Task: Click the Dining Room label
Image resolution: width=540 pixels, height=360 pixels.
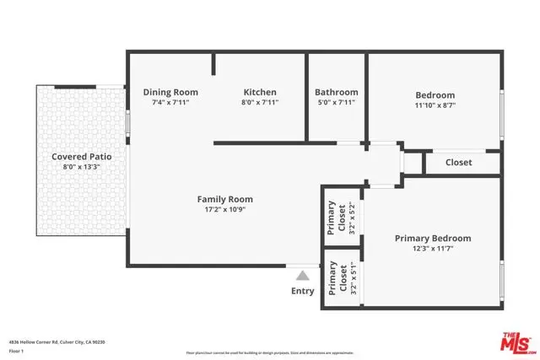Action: pos(170,93)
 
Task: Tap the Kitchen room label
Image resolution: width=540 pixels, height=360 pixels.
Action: pos(260,93)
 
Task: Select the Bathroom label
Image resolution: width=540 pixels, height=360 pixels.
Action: pos(336,93)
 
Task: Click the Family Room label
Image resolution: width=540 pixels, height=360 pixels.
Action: pos(225,200)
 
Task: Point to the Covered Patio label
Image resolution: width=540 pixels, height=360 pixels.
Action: pos(82,157)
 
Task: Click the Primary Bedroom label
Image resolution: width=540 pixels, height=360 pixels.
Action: pos(433,239)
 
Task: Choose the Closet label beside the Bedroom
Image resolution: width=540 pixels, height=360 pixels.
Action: pos(458,163)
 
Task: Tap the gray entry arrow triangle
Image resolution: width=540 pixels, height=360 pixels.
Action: pos(303,274)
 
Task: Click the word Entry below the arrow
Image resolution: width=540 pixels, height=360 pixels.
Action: pos(303,292)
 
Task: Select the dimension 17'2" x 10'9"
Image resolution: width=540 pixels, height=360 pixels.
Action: pos(225,210)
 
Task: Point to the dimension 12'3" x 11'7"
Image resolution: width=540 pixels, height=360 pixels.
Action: pos(433,250)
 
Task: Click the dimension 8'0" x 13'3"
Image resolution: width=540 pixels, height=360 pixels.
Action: pos(82,167)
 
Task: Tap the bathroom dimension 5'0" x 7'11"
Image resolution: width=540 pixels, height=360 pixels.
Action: pos(336,103)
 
